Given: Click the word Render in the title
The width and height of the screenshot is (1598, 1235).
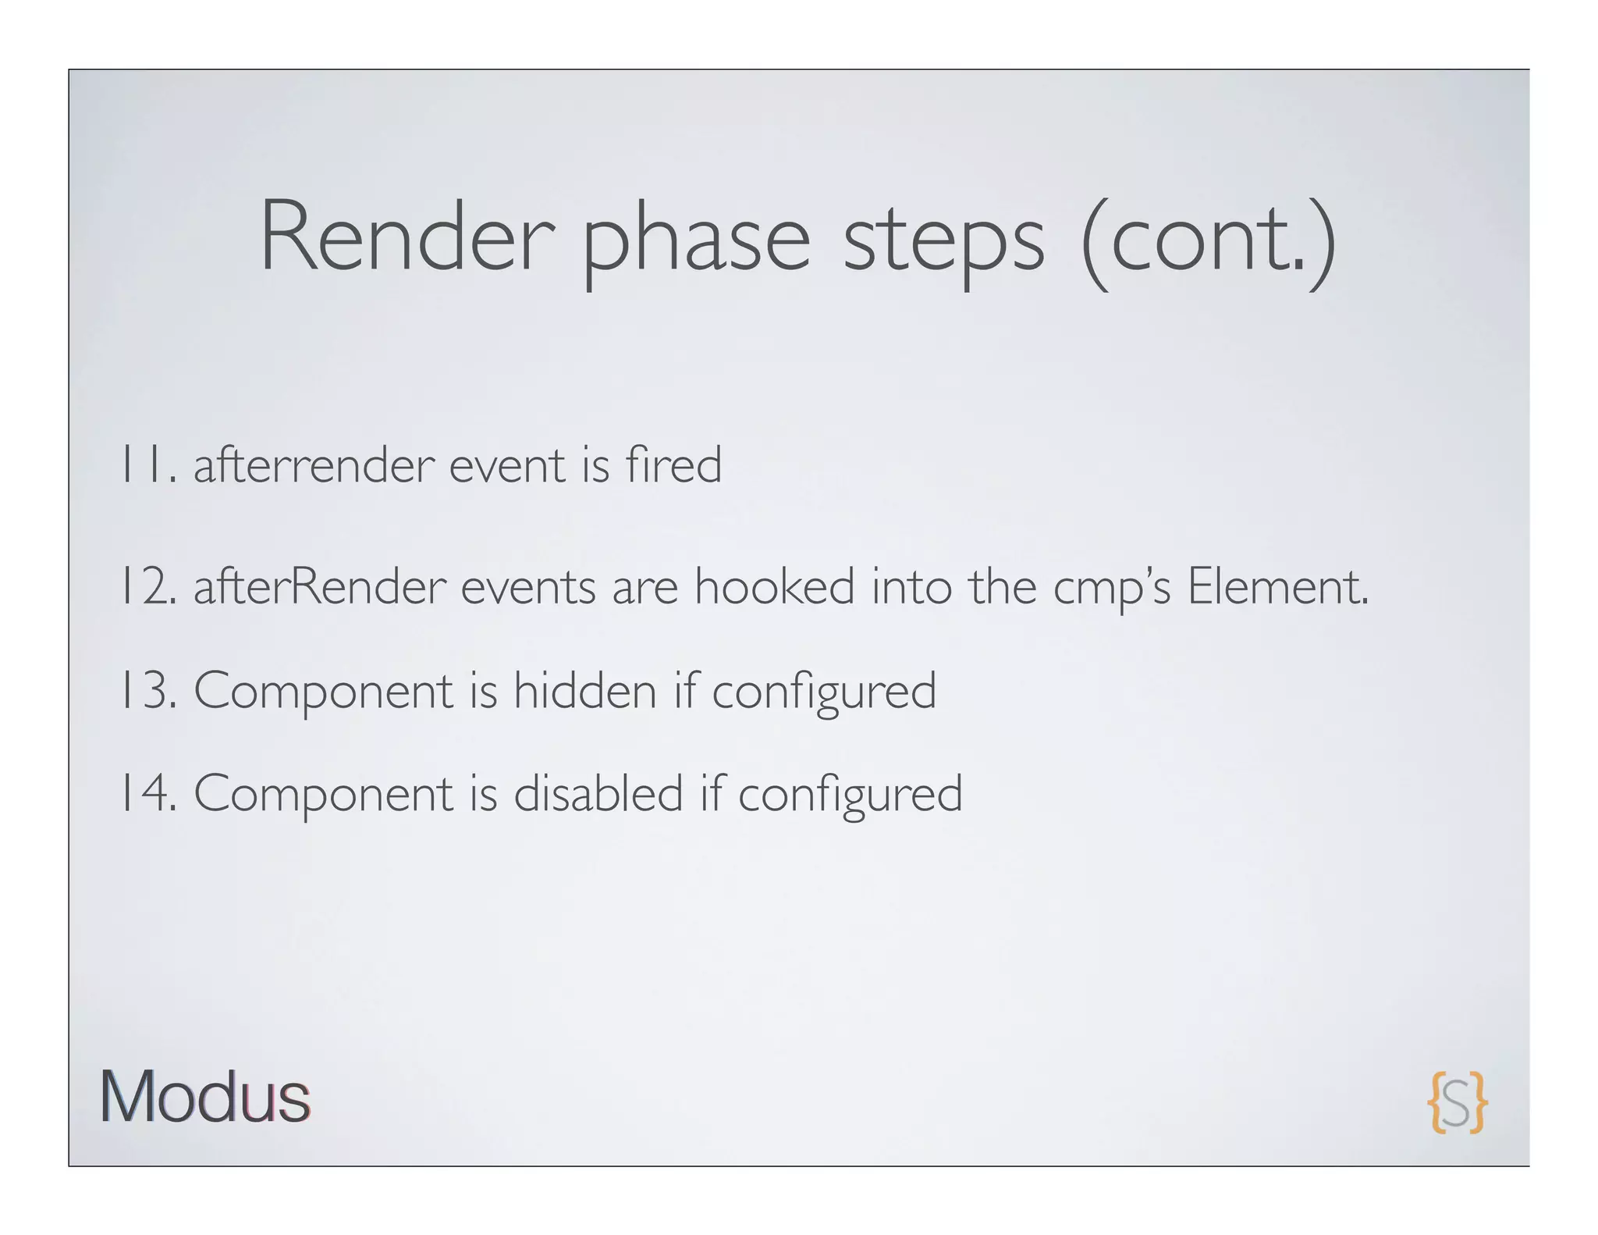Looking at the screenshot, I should point(407,236).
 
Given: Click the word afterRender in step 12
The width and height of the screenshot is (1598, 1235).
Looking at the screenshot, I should point(320,586).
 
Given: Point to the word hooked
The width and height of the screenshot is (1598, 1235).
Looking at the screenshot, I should point(774,586).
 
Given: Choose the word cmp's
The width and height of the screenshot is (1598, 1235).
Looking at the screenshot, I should point(1112,588).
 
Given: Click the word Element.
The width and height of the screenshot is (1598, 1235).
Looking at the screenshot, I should point(1277,586).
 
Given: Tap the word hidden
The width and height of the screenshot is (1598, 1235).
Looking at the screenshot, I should point(584,691).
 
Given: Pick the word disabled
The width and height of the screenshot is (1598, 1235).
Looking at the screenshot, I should point(598,793).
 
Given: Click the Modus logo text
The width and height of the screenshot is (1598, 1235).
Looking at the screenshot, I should point(205,1097).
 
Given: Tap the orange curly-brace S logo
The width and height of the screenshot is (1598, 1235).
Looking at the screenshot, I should point(1457,1102).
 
